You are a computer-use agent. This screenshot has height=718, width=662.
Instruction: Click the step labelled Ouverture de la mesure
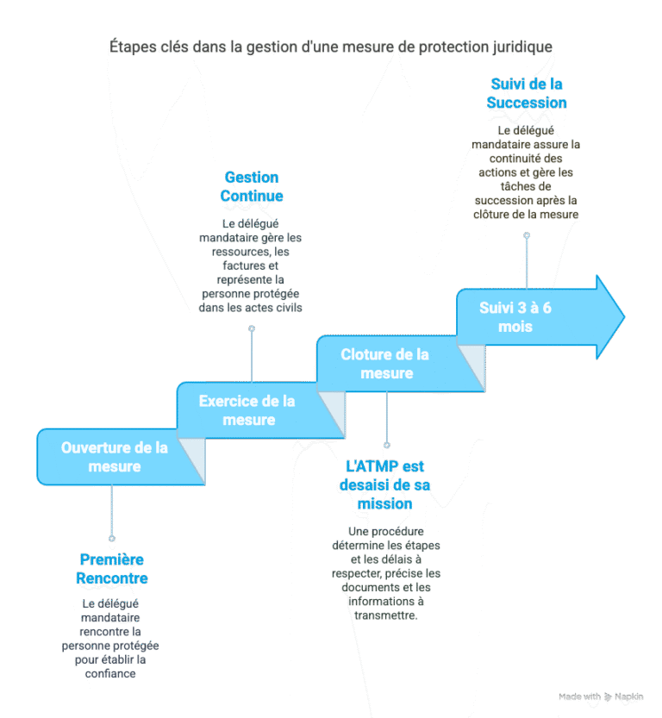(114, 457)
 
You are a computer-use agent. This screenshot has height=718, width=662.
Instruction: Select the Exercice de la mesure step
(247, 410)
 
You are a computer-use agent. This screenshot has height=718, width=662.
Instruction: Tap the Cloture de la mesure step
(385, 364)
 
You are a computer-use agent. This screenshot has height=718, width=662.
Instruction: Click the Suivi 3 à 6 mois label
(515, 316)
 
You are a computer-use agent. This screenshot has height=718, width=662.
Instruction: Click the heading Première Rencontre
(112, 569)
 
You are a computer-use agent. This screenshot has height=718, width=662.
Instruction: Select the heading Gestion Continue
(252, 186)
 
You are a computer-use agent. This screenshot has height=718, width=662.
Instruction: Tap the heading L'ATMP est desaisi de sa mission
(384, 484)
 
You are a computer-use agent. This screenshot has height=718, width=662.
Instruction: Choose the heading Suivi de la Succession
(527, 93)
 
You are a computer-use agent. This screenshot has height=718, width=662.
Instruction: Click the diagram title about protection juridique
(331, 47)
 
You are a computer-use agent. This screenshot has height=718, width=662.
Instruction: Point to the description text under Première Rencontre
(111, 638)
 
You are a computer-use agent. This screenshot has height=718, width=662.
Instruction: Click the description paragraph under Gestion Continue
(251, 265)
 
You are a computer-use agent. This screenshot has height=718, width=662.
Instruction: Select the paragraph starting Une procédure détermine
(384, 573)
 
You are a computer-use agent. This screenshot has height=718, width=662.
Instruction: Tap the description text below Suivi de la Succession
(526, 172)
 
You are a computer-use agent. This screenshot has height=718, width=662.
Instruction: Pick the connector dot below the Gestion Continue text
(252, 328)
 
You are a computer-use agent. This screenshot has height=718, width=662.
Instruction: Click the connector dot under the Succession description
(527, 234)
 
